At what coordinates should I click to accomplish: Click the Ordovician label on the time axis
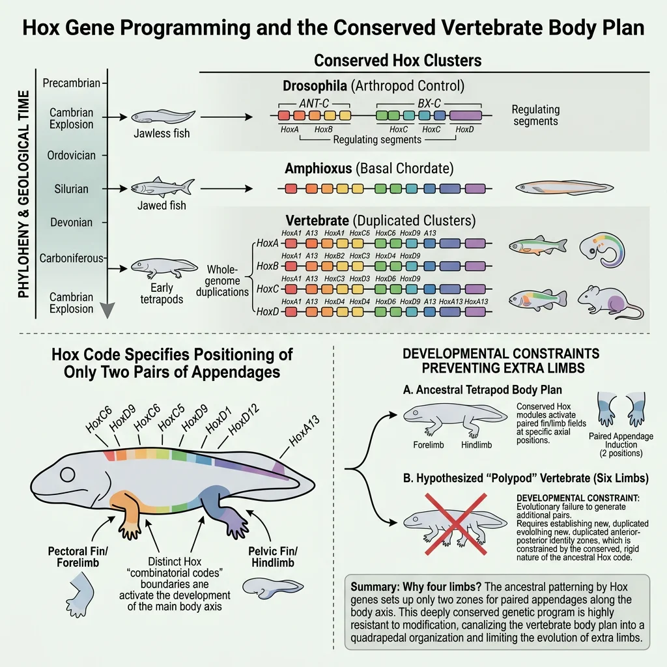pos(72,156)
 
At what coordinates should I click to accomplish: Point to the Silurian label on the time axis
pos(72,189)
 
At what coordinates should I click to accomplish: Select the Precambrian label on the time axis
pos(71,83)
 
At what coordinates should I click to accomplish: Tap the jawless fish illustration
pos(162,117)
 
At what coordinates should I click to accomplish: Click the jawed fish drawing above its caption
pos(162,186)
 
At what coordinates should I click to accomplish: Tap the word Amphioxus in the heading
pos(319,169)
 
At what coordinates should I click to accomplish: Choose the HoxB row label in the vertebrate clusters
pos(267,266)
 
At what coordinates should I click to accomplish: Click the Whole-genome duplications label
pos(223,281)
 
